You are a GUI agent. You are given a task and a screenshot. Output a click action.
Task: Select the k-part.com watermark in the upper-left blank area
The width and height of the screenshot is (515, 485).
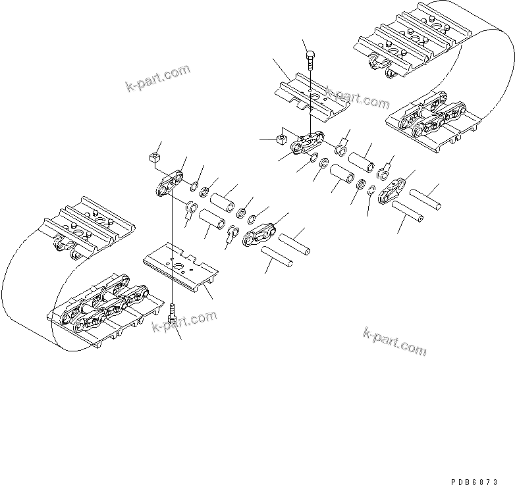point(157,78)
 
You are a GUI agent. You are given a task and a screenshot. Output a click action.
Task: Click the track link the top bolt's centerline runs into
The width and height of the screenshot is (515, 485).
point(308,143)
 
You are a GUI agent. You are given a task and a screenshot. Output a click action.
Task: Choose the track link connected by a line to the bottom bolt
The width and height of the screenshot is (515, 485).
point(169,184)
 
